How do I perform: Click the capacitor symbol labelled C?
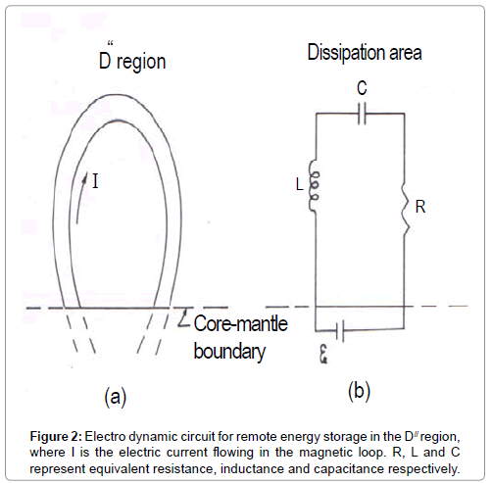pyautogui.click(x=362, y=114)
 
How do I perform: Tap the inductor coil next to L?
pyautogui.click(x=314, y=186)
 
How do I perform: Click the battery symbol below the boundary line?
pyautogui.click(x=340, y=331)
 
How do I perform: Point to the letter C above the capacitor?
pyautogui.click(x=362, y=88)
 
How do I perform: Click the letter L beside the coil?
pyautogui.click(x=300, y=184)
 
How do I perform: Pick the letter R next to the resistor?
pyautogui.click(x=420, y=207)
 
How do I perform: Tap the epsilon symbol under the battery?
pyautogui.click(x=323, y=354)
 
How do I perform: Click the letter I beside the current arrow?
pyautogui.click(x=95, y=181)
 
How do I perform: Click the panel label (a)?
pyautogui.click(x=116, y=397)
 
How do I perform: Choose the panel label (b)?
pyautogui.click(x=359, y=391)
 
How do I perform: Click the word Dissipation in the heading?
pyautogui.click(x=345, y=52)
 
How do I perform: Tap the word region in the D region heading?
pyautogui.click(x=141, y=63)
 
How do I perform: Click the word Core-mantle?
pyautogui.click(x=241, y=323)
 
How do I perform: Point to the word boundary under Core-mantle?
pyautogui.click(x=229, y=352)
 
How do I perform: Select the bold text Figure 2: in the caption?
pyautogui.click(x=56, y=436)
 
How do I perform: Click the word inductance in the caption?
pyautogui.click(x=252, y=469)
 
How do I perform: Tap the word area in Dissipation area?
pyautogui.click(x=405, y=53)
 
